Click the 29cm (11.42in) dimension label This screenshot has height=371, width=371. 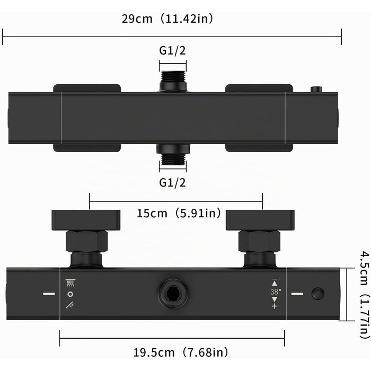167,19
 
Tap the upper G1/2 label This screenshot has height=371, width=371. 172,51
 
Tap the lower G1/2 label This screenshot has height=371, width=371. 172,183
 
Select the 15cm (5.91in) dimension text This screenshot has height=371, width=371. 179,213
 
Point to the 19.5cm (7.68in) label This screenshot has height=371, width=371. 181,352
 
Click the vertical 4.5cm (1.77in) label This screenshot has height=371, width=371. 365,295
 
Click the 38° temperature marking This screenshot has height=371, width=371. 276,291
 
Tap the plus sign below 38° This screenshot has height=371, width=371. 274,306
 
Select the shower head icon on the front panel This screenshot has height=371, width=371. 70,282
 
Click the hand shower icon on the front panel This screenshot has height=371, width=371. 70,305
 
